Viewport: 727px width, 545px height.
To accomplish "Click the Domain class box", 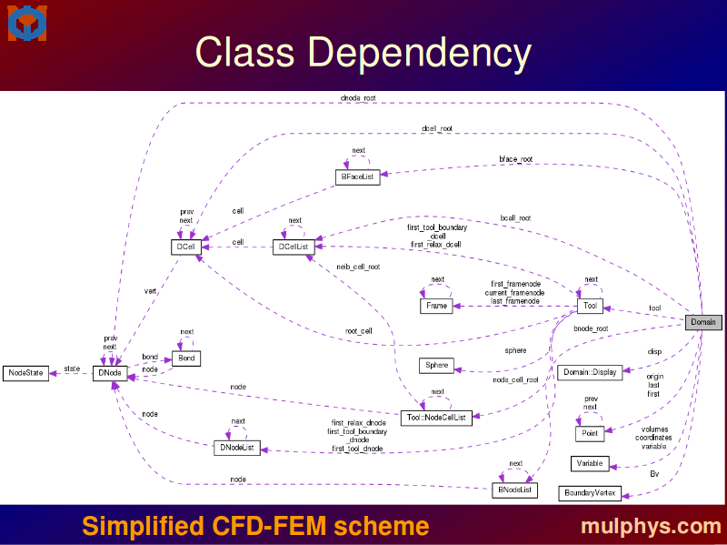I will pos(702,322).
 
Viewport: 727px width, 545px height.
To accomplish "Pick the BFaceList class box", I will pos(358,177).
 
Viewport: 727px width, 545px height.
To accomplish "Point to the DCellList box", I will pos(294,247).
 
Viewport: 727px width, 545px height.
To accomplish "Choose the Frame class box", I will pos(436,306).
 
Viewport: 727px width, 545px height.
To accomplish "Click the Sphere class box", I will pos(437,366).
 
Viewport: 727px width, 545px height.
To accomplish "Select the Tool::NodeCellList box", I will pos(437,418).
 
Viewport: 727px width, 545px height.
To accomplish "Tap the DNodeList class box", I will pos(237,448).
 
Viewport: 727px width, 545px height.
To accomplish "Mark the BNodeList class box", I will pos(515,490).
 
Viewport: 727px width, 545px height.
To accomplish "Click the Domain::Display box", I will pos(590,372).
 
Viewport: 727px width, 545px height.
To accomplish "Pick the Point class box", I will pos(590,434).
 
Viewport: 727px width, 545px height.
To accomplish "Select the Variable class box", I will pos(590,464).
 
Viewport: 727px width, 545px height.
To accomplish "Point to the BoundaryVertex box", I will pos(590,493).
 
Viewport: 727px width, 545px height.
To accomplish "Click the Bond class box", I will pos(186,358).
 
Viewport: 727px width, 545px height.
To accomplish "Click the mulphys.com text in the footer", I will pos(651,526).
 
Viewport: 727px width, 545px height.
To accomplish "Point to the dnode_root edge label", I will pos(357,98).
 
